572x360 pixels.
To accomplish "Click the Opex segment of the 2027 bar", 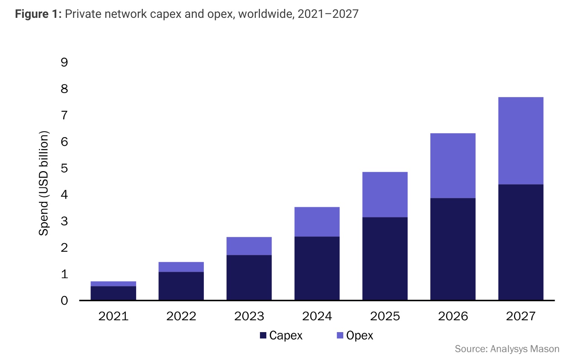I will (x=520, y=141).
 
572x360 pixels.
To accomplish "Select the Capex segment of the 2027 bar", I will (x=520, y=242).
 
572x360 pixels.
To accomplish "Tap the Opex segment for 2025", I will (x=385, y=194).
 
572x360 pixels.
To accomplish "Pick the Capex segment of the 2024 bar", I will (x=317, y=268).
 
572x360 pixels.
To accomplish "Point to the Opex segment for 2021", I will (x=113, y=284).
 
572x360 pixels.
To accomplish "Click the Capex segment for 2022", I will (x=181, y=286).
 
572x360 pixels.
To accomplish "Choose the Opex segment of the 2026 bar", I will (x=453, y=165).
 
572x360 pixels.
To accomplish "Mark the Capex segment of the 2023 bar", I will (x=249, y=277).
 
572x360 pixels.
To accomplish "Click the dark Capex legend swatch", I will (x=263, y=335).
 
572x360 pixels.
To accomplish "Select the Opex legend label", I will (x=359, y=335).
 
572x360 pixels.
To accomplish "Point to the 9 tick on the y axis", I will (x=64, y=62).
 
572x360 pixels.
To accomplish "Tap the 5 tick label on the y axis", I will (x=64, y=168).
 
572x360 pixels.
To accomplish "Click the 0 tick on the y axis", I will (x=64, y=300).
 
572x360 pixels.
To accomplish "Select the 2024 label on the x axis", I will (x=317, y=316).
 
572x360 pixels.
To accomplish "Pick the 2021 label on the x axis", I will (x=113, y=316).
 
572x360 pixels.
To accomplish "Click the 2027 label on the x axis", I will (x=520, y=316).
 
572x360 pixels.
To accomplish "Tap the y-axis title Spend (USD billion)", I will (x=44, y=183).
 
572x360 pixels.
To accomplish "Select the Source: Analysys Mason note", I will (x=507, y=349).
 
